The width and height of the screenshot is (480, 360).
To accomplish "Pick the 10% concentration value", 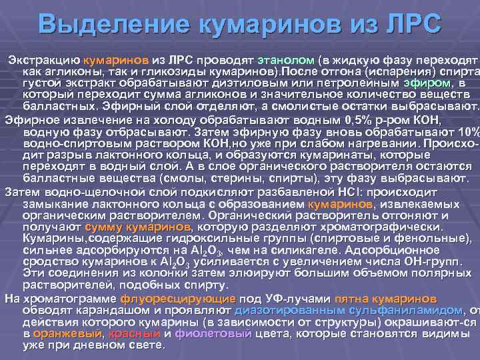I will (x=466, y=131).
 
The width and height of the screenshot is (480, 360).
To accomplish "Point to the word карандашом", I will (x=97, y=310).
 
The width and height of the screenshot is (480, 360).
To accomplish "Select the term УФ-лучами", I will (x=297, y=298).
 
